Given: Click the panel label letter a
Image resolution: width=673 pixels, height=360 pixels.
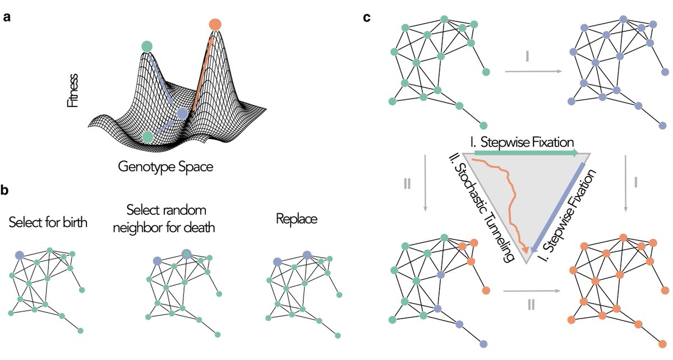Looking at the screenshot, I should [x=7, y=17].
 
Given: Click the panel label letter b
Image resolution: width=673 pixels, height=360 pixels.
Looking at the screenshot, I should [x=7, y=191].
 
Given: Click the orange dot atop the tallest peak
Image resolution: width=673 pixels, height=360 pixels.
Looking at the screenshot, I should [x=215, y=24].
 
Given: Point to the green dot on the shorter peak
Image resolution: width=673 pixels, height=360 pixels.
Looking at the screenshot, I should [x=147, y=46].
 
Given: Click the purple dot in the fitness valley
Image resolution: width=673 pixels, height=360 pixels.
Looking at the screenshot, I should [x=182, y=114].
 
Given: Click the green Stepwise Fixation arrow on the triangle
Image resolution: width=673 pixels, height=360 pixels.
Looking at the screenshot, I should [x=526, y=152].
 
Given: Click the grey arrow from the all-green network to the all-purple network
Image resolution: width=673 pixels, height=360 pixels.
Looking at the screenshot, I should [x=533, y=71].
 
